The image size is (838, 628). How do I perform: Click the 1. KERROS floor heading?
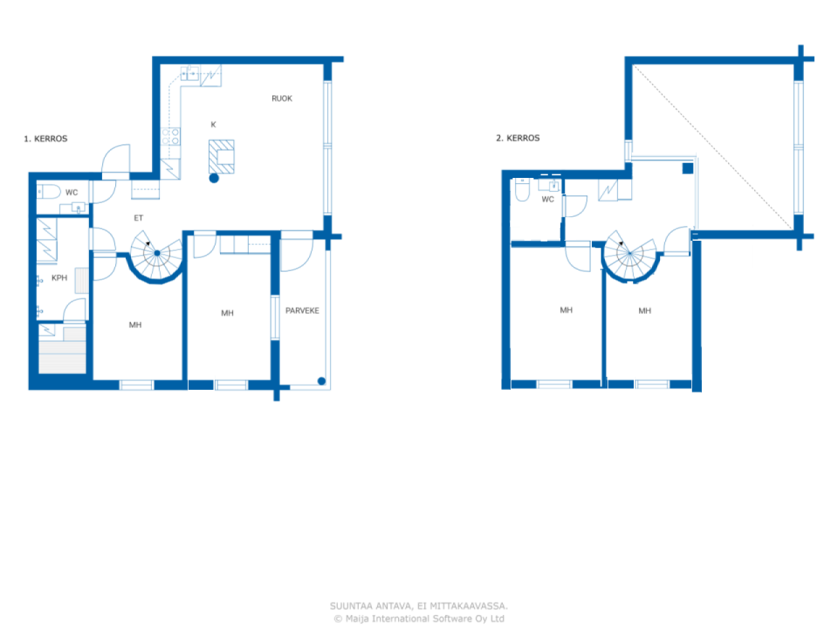coord(45,139)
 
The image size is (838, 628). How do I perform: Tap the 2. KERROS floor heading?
coord(518,138)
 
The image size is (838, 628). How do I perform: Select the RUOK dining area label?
coord(282,99)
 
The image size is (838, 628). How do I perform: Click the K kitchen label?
coord(213,125)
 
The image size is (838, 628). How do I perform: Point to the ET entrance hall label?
coord(138,218)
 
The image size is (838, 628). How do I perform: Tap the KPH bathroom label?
coord(59,278)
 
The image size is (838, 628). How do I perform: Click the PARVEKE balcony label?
coord(302,311)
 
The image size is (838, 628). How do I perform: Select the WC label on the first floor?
coord(71,192)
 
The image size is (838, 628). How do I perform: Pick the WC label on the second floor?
coord(547,200)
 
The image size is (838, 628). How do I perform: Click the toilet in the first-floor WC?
coord(48,192)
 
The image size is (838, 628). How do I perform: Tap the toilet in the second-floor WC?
coord(522,190)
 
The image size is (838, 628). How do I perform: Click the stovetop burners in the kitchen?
coord(170,137)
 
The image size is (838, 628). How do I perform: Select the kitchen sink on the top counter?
coord(190,73)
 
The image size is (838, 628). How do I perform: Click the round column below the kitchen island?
coord(214,178)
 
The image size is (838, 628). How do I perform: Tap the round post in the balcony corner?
coord(321,381)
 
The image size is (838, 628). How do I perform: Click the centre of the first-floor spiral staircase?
coord(157,253)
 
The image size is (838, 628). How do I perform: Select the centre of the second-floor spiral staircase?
coord(630,253)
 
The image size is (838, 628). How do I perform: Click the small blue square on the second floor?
coord(687,168)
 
